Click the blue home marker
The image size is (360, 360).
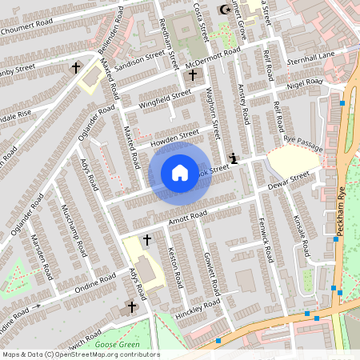click(180, 172)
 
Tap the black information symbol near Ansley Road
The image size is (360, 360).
click(233, 158)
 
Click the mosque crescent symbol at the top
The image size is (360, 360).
click(223, 10)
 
